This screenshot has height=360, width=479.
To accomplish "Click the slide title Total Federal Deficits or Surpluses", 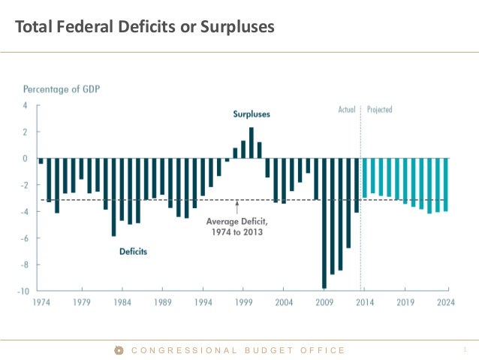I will [x=145, y=27].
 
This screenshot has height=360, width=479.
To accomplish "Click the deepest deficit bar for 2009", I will [x=324, y=223].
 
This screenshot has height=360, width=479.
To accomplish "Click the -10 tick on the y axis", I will [x=24, y=291].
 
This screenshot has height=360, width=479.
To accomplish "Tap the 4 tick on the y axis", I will [x=26, y=105].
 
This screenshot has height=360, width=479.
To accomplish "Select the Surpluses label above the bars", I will [x=251, y=114].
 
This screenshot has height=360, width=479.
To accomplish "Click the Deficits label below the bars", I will [x=133, y=252].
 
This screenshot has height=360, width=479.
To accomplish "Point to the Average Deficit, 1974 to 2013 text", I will [x=236, y=226].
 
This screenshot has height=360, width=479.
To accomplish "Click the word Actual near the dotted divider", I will [x=346, y=110].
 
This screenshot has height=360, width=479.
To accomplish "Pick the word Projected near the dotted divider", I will [x=379, y=110].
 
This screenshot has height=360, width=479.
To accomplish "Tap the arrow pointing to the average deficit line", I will [x=236, y=206].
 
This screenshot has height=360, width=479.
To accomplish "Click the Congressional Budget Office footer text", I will [x=238, y=350].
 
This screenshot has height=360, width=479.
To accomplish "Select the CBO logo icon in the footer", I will [x=119, y=350].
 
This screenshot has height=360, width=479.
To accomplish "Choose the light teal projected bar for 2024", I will [x=446, y=185].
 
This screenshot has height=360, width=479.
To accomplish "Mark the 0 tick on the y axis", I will [x=26, y=159].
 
